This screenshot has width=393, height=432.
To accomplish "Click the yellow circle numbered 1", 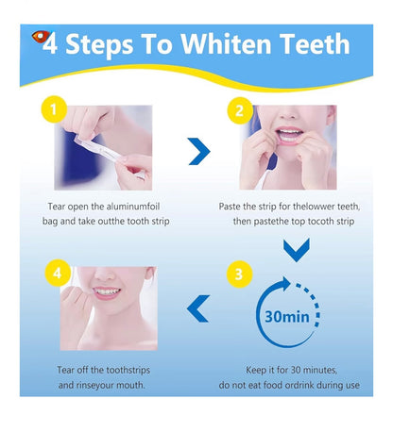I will tap(55, 113).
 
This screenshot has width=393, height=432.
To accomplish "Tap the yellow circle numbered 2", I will tap(240, 112).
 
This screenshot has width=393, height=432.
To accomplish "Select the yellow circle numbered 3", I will tap(240, 275).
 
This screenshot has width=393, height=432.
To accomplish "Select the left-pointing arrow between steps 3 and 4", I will tap(198, 307).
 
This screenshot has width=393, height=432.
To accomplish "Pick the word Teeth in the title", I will tap(308, 44).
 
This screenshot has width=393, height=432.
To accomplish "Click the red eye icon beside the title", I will tap(38, 37).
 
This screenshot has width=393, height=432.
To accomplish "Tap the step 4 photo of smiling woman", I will tap(108, 307).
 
